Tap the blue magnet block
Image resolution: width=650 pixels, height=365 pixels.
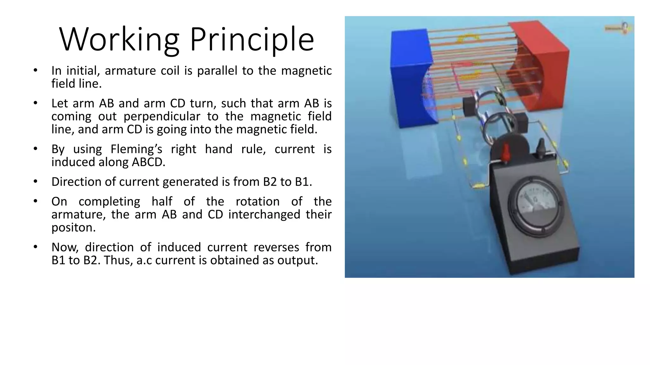411,78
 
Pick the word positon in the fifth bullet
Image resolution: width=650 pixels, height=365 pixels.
73,227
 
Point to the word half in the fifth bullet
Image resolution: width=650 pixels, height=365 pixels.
162,202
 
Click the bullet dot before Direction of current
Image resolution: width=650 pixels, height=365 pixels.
36,182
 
